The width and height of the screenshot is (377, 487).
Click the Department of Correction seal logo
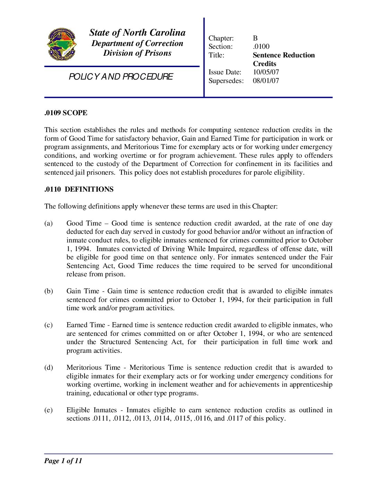coord(62,44)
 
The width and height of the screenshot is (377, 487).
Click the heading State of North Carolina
coord(137,33)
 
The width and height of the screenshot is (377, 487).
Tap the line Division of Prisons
coord(137,53)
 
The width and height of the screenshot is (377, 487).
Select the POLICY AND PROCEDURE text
coord(121,76)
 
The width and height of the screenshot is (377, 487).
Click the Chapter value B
coord(255,38)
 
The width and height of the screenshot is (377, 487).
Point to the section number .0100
coord(261,47)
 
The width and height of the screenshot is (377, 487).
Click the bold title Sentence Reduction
coord(283,55)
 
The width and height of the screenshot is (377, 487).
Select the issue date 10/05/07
coord(266,72)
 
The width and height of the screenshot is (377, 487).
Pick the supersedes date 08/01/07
coord(266,81)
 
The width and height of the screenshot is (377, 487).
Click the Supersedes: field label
coord(226,81)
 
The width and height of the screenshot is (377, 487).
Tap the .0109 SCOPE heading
coord(66,113)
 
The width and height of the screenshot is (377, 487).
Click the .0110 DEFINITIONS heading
coord(79,189)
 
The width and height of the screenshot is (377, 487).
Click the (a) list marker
coord(49,223)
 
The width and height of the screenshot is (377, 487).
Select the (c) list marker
coord(49,325)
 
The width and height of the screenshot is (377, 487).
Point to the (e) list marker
coord(49,410)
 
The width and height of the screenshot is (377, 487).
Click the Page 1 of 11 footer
coord(63,461)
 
